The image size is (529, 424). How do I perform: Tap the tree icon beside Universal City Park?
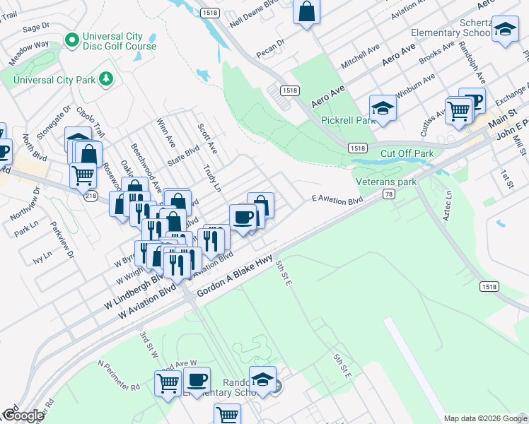pos(105,78)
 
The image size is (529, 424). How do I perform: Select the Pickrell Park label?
pos(347,121)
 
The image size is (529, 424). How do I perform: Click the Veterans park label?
pos(385,182)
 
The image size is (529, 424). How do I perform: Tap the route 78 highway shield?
pos(388,194)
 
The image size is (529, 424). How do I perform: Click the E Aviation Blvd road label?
pos(337,201)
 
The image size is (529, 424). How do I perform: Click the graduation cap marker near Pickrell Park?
pos(383,108)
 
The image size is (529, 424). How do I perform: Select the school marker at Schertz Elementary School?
pos(505,30)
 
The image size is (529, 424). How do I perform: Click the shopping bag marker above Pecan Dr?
pos(306,11)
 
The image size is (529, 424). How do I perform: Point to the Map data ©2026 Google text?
pos(484,418)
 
